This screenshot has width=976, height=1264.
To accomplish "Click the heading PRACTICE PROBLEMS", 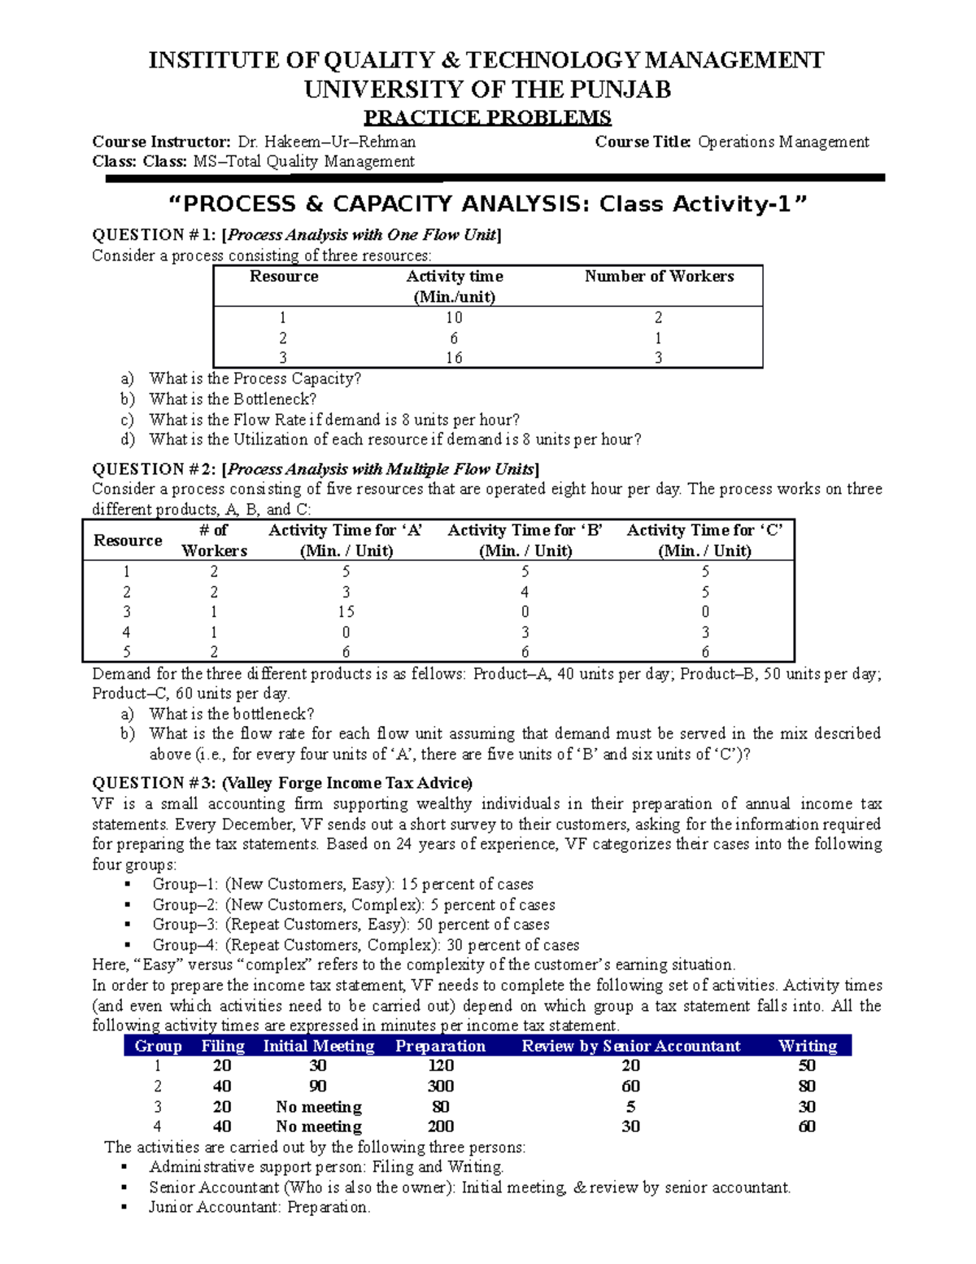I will pyautogui.click(x=486, y=117).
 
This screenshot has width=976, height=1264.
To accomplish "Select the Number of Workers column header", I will pyautogui.click(x=659, y=277).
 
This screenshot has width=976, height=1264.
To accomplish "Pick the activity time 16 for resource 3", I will pyautogui.click(x=454, y=358).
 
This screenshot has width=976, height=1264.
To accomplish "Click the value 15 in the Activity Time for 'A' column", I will pyautogui.click(x=346, y=612).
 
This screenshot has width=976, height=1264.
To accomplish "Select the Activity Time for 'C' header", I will pyautogui.click(x=704, y=540).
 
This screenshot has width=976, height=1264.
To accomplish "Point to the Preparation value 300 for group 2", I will pyautogui.click(x=440, y=1087).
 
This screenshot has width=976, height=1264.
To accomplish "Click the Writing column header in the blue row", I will pyautogui.click(x=807, y=1046).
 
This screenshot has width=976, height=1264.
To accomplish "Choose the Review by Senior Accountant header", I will pyautogui.click(x=630, y=1046).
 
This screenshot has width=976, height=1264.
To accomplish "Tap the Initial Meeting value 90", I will pyautogui.click(x=318, y=1087).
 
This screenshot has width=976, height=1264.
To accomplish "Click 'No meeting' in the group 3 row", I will pyautogui.click(x=318, y=1107).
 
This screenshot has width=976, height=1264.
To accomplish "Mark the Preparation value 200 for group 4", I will pyautogui.click(x=440, y=1126).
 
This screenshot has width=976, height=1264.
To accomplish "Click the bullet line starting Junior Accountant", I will pyautogui.click(x=259, y=1207).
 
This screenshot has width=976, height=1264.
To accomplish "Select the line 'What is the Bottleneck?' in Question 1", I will pyautogui.click(x=233, y=399).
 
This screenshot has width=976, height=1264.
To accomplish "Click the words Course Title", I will pyautogui.click(x=643, y=142).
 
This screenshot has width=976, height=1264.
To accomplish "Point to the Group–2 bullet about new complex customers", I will pyautogui.click(x=353, y=904).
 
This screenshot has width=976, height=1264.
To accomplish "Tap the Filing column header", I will pyautogui.click(x=222, y=1046).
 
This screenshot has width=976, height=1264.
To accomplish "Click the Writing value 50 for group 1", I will pyautogui.click(x=806, y=1066).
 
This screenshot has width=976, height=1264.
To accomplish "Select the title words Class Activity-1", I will pyautogui.click(x=703, y=203).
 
